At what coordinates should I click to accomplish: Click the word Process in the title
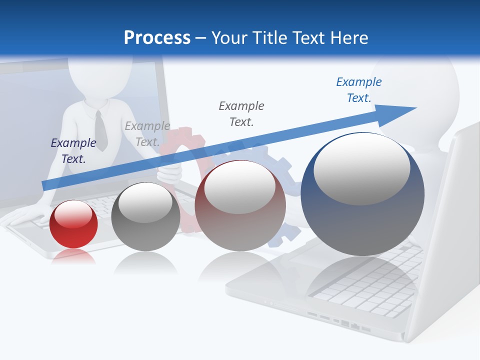click(x=157, y=38)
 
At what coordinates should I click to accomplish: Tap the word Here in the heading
click(x=348, y=38)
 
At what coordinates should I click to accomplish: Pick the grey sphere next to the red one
click(x=145, y=217)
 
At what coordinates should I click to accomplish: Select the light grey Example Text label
click(x=147, y=134)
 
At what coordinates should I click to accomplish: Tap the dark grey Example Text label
click(x=241, y=113)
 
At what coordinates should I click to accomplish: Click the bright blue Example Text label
click(x=359, y=90)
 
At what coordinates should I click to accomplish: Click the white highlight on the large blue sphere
click(x=361, y=169)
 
